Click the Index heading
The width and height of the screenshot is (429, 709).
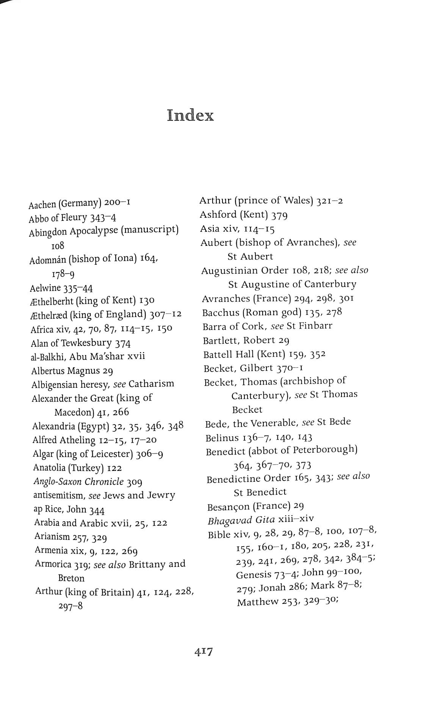click(190, 115)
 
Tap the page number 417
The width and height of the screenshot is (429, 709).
click(204, 651)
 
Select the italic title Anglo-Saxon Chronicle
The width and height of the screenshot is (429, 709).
click(78, 481)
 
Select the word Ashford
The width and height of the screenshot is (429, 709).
click(218, 215)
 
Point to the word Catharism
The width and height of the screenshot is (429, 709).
click(151, 384)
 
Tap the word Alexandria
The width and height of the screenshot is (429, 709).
click(53, 426)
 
